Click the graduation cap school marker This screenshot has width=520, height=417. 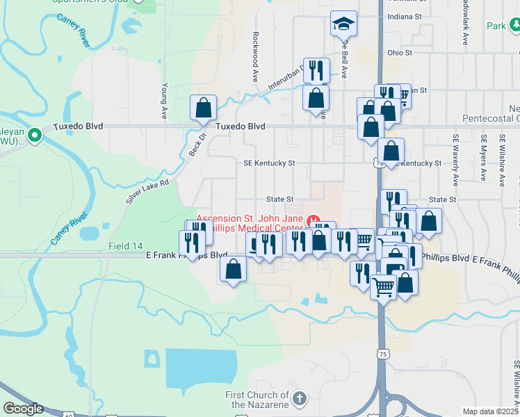click(343, 24)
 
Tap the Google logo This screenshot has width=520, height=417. click(22, 409)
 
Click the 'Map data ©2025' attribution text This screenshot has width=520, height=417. click(490, 411)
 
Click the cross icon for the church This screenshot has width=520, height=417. click(300, 399)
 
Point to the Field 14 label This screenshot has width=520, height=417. click(125, 247)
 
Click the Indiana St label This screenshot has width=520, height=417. click(405, 16)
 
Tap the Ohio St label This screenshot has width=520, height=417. click(400, 52)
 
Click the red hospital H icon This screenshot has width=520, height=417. click(313, 222)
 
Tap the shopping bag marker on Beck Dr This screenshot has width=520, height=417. click(203, 108)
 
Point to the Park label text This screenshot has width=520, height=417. click(496, 26)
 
